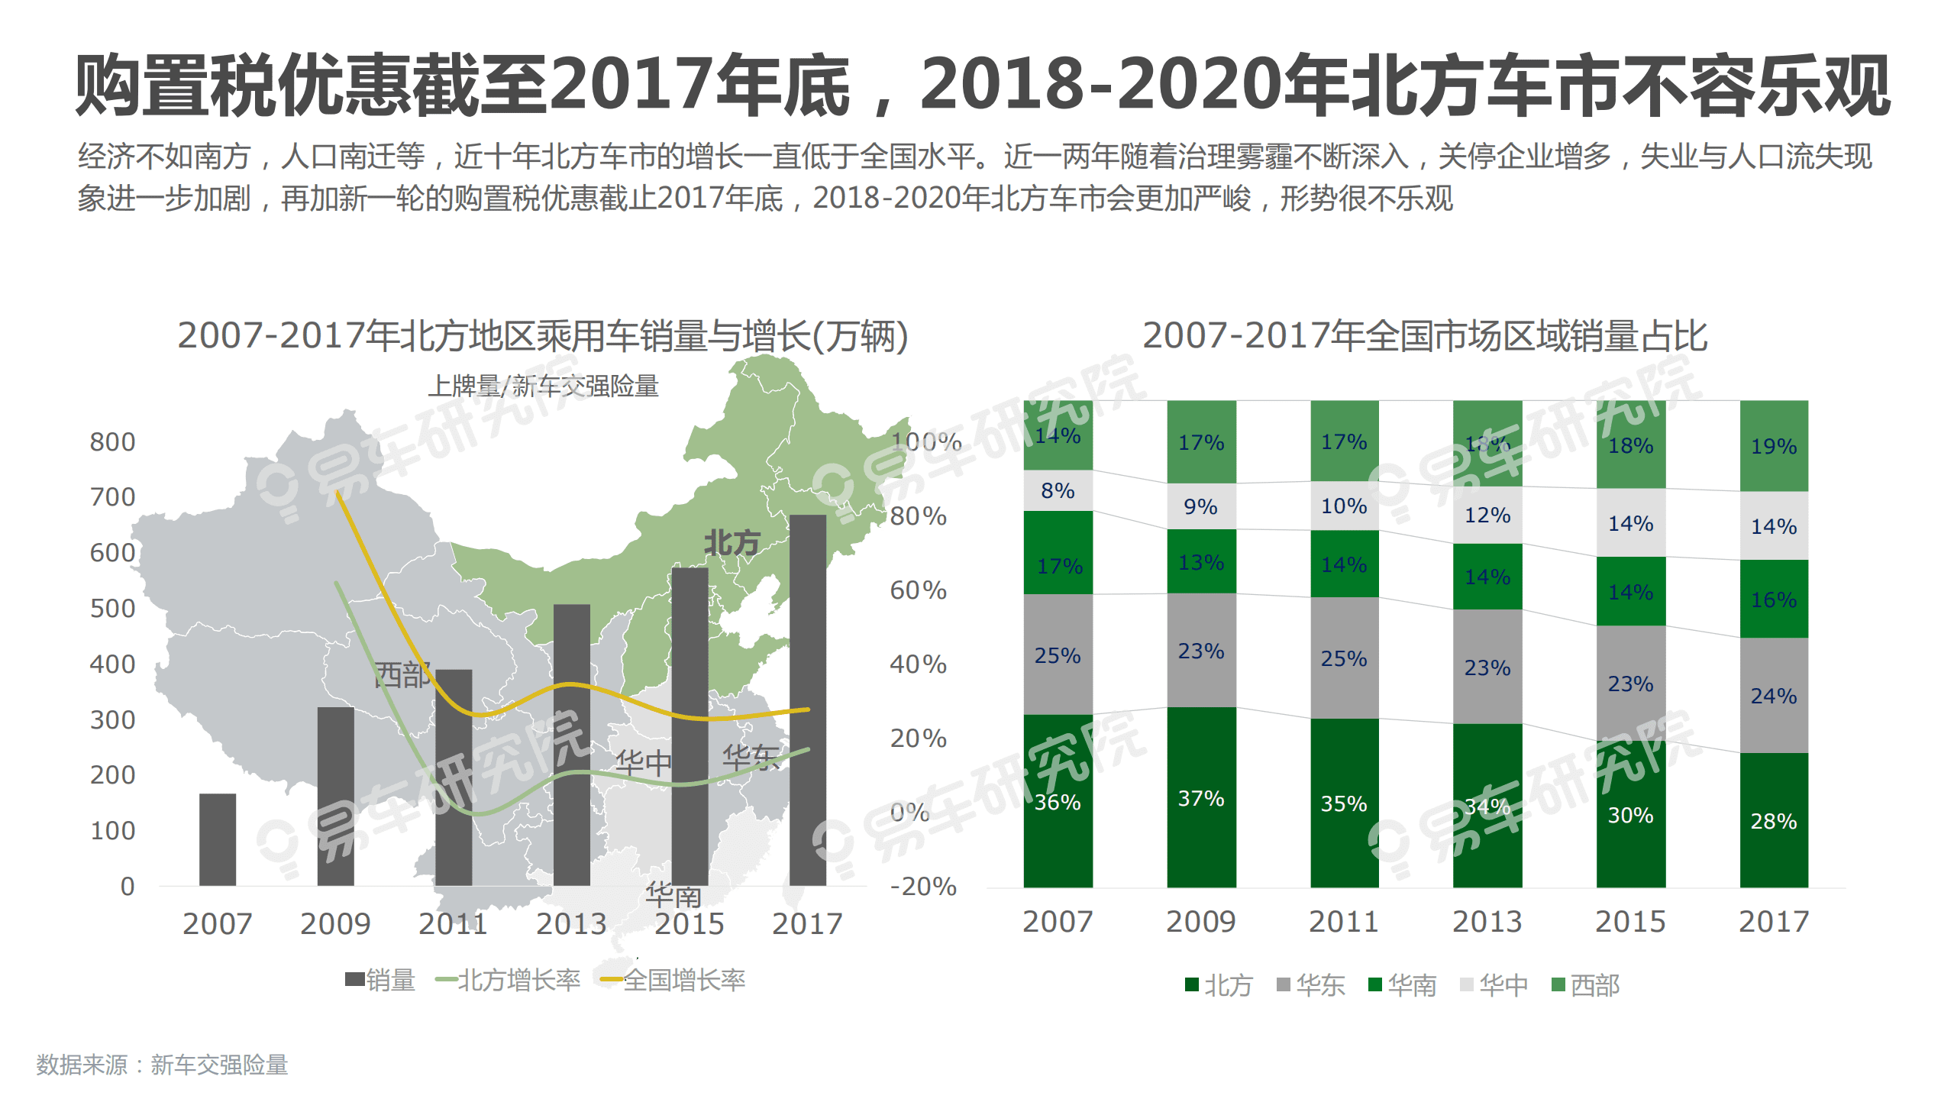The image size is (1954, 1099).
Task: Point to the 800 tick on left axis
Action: click(112, 441)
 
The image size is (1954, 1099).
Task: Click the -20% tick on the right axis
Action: click(922, 886)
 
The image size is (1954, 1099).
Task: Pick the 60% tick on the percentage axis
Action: click(918, 590)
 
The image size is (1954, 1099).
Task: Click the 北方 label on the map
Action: click(731, 542)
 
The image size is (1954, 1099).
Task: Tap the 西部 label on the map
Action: click(402, 674)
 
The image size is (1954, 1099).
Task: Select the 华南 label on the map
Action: click(673, 894)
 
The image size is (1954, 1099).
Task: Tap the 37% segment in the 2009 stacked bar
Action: click(1201, 797)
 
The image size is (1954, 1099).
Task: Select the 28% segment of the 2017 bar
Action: click(1773, 820)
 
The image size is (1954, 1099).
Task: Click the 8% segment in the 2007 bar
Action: click(1058, 490)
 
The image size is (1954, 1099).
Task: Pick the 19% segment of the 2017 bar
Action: click(1773, 446)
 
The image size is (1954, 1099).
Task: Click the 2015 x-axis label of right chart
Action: click(1630, 922)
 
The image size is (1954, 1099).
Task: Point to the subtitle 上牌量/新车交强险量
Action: click(543, 386)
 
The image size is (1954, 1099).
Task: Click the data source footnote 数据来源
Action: click(162, 1065)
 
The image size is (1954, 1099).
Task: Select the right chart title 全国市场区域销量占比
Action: click(1424, 336)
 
